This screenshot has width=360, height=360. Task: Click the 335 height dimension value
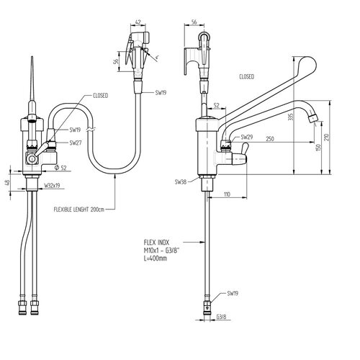click(291, 117)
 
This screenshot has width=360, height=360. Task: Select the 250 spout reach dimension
click(270, 139)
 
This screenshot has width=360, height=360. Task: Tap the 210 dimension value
click(327, 138)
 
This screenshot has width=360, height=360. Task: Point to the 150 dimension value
click(318, 148)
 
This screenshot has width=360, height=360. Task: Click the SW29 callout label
click(247, 137)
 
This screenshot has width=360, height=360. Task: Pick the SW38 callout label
click(181, 182)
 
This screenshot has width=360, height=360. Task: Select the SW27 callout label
click(76, 143)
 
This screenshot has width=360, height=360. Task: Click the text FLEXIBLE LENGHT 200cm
click(79, 210)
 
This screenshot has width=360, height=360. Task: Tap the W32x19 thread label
click(52, 185)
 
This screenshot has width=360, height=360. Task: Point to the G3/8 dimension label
click(221, 317)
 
